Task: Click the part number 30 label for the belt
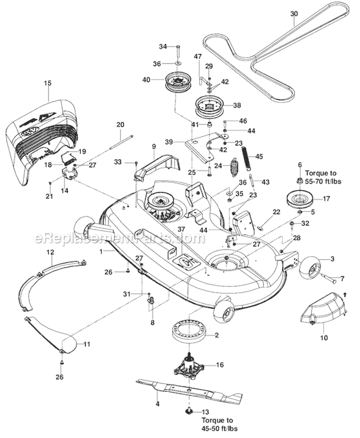(294, 14)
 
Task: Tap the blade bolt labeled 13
(189, 411)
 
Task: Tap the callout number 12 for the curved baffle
(50, 252)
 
